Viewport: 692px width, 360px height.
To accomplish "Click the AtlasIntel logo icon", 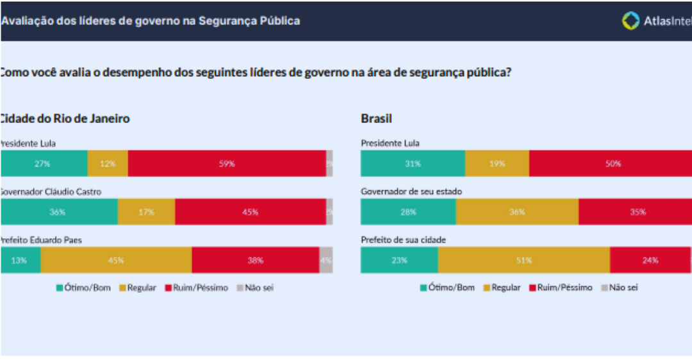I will pyautogui.click(x=630, y=20).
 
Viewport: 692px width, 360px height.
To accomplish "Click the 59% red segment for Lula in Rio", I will pyautogui.click(x=227, y=163).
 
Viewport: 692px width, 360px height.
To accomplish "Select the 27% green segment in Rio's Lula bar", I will pyautogui.click(x=44, y=163).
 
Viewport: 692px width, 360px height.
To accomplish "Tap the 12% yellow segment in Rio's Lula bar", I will pyautogui.click(x=108, y=163).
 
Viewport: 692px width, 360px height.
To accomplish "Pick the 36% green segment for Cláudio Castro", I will pyautogui.click(x=59, y=212).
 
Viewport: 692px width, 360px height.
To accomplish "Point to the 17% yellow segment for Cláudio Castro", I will pyautogui.click(x=146, y=212).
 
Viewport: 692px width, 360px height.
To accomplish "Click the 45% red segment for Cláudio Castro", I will pyautogui.click(x=250, y=212).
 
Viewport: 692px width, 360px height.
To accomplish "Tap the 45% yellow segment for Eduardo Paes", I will pyautogui.click(x=116, y=260).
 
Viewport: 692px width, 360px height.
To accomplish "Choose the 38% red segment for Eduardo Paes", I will pyautogui.click(x=255, y=260).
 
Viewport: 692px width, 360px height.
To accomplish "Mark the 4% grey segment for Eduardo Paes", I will pyautogui.click(x=326, y=260).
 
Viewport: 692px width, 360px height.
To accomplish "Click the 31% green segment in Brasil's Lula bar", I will pyautogui.click(x=413, y=163).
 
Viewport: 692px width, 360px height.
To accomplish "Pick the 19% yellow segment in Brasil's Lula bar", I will pyautogui.click(x=497, y=163).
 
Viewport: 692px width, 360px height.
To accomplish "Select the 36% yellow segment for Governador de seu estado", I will pyautogui.click(x=517, y=212).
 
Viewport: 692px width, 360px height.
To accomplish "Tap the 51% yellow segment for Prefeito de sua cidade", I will pyautogui.click(x=524, y=260).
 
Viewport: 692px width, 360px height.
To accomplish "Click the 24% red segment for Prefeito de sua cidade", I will pyautogui.click(x=650, y=260).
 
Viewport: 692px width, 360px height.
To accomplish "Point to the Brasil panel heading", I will pyautogui.click(x=377, y=119).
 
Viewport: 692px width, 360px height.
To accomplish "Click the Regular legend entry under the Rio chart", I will pyautogui.click(x=137, y=288).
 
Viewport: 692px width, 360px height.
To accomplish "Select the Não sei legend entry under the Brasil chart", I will pyautogui.click(x=620, y=288).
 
